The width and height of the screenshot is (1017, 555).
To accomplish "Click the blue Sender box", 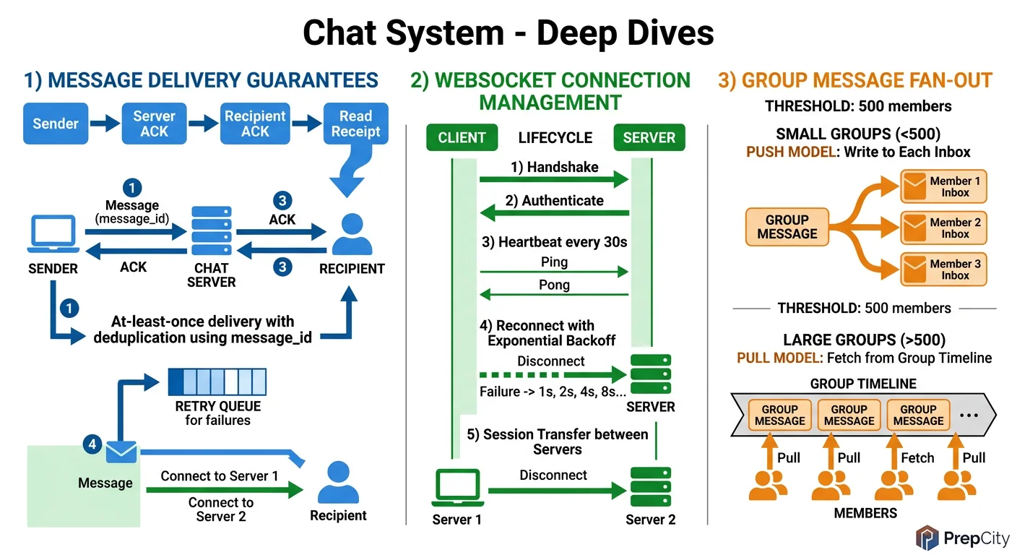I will (56, 124).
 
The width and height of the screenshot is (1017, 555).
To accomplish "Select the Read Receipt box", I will (355, 124).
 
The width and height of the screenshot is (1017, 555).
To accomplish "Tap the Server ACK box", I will (154, 124).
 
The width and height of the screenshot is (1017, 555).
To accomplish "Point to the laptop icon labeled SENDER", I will (52, 233).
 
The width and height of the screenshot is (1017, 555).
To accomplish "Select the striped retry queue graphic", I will (217, 381).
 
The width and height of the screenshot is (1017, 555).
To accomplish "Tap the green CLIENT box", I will (462, 137).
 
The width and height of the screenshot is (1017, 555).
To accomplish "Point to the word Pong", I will (554, 285).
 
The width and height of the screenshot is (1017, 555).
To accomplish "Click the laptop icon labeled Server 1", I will (456, 488).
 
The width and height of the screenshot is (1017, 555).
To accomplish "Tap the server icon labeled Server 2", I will (650, 486).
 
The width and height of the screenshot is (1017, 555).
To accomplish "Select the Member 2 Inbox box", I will (943, 228).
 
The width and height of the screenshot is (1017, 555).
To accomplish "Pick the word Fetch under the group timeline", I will (917, 457).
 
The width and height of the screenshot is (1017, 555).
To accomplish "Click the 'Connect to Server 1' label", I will (219, 476).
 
